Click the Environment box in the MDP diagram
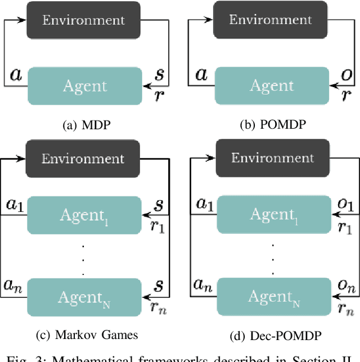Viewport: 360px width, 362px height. point(83,21)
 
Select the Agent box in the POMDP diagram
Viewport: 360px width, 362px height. point(272,85)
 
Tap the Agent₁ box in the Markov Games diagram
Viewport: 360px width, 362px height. point(83,214)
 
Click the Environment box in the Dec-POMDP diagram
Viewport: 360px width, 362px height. point(272,158)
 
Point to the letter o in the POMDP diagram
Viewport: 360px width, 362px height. point(347,74)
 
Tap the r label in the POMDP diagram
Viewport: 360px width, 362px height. point(346,95)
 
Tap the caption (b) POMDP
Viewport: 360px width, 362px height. point(272,125)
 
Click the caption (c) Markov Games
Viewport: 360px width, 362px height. point(86,336)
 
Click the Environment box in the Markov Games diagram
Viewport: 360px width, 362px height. point(83,159)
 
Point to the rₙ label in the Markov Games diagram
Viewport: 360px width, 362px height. point(160,307)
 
